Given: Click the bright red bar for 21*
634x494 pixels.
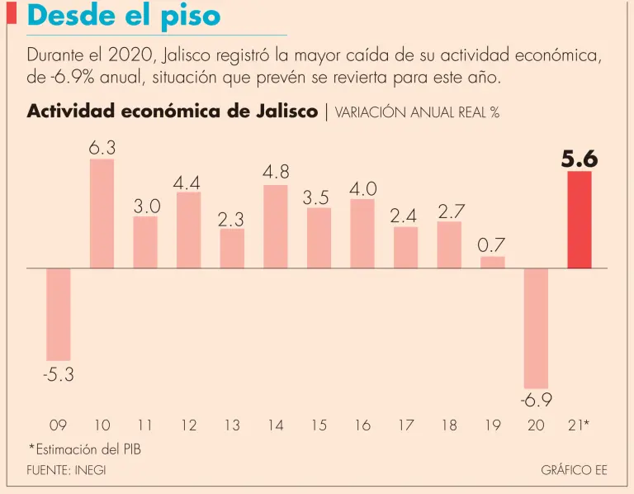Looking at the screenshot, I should click(x=580, y=220).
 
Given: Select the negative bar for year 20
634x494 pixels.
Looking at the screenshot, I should click(x=536, y=328).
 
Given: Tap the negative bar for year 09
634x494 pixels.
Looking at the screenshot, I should click(x=58, y=314).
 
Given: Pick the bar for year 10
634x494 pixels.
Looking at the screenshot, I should click(x=102, y=214).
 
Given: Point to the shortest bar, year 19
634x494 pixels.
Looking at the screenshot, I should click(x=493, y=262).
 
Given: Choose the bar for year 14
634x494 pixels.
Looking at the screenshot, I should click(x=276, y=226).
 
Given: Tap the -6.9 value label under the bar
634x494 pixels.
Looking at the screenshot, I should click(x=536, y=401).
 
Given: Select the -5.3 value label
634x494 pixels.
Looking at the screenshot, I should click(x=58, y=374).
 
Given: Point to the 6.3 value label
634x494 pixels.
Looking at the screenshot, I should click(x=102, y=148).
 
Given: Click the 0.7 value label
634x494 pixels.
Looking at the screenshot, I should click(x=492, y=245).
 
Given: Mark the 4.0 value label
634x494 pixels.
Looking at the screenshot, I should click(x=362, y=189).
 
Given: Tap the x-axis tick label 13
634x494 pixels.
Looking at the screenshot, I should click(x=232, y=425).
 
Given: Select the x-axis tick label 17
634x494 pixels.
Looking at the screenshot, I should click(x=405, y=425).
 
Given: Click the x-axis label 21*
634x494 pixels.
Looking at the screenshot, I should click(x=580, y=425).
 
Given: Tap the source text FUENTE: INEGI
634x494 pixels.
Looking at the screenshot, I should click(x=67, y=470).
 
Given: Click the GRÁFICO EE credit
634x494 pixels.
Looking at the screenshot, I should click(x=574, y=470).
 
